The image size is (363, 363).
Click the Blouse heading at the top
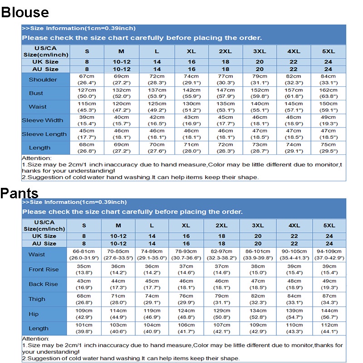[25, 12]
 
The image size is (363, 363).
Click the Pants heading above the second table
[19, 193]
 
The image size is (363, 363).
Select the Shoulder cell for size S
[87, 79]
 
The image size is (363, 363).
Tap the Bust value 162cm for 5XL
[328, 93]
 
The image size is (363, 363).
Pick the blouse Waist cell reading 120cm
[121, 107]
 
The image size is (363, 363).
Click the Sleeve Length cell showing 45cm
[87, 134]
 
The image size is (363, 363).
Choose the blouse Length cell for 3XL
[260, 147]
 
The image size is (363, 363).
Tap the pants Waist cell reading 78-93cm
[186, 255]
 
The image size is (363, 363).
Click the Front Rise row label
[44, 270]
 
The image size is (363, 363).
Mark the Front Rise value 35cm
[83, 270]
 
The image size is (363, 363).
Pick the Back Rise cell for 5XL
[329, 284]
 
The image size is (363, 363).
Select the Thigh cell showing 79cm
[221, 299]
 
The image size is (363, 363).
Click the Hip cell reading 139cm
[294, 314]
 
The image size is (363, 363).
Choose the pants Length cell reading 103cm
[118, 328]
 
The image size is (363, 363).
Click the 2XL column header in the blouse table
[226, 51]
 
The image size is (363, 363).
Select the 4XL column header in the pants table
[294, 225]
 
